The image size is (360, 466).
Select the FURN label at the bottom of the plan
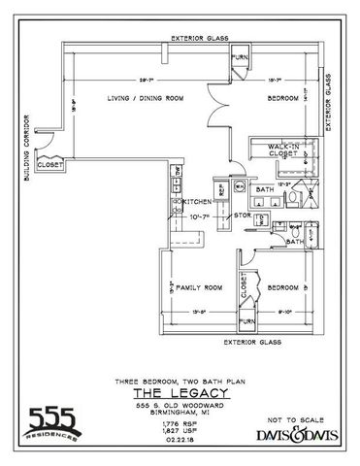tap(246, 319)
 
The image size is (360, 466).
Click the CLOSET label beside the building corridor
tap(49, 165)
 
